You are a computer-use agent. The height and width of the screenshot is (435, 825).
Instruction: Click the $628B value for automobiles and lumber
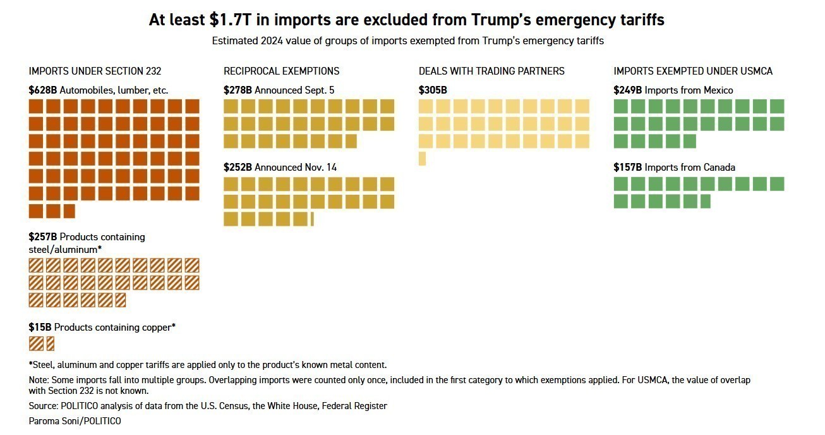[42, 90]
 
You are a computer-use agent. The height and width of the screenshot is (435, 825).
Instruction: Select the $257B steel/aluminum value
[42, 237]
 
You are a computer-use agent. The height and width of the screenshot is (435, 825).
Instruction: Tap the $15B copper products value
[40, 328]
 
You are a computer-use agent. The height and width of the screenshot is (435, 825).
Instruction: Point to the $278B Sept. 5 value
[238, 90]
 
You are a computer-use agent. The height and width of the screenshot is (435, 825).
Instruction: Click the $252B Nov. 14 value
[238, 168]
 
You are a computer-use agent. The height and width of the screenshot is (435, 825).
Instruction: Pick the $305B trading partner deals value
[433, 90]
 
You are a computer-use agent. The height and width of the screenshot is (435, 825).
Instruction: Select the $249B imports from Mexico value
[627, 90]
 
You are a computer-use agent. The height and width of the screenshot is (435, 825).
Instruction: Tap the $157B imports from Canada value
[627, 168]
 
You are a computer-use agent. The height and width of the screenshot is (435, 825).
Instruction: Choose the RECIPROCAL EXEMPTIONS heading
[281, 71]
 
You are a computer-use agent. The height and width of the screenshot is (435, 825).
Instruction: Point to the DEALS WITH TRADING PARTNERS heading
[491, 71]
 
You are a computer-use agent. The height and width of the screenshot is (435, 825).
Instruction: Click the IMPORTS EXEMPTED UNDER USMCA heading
[693, 71]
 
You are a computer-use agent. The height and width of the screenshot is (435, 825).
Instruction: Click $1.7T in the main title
[232, 20]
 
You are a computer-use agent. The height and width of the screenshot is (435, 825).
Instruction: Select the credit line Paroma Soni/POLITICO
[75, 421]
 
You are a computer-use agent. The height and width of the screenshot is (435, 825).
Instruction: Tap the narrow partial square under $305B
[422, 159]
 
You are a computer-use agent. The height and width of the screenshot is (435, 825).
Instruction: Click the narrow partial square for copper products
[51, 343]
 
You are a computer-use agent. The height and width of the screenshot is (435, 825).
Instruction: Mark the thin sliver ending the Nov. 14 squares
[312, 219]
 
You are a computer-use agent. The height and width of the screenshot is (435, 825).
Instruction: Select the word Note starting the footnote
[39, 381]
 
